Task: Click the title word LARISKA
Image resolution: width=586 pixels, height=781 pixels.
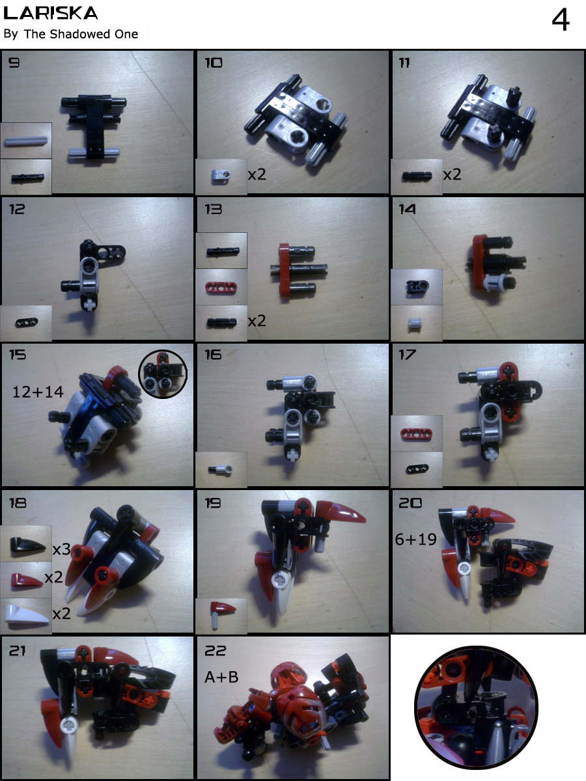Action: pos(50,13)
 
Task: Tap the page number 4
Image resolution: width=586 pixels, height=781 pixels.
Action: pos(561,20)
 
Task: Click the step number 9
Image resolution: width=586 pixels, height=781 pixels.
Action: pos(14,63)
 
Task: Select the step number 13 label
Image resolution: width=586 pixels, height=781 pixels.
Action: pos(213,209)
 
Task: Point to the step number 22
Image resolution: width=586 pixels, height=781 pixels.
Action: pos(216,651)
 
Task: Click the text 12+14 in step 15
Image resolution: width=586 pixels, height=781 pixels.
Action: pos(38,392)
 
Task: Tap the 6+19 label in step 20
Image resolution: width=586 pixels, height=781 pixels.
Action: pos(416,540)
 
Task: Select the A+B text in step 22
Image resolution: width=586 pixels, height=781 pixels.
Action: pos(221,677)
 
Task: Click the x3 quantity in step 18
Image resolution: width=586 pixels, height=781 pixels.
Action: pos(62,550)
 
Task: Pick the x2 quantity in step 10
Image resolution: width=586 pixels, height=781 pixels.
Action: pos(257,174)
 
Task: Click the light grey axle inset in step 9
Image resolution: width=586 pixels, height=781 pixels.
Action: pos(25,141)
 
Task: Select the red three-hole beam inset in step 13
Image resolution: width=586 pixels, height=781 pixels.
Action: pos(221,286)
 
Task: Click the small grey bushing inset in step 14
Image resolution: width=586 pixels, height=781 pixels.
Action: pos(415,324)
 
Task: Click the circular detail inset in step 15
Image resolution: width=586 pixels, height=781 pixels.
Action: pos(163,374)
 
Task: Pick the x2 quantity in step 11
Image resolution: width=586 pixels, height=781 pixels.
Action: pos(453,174)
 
